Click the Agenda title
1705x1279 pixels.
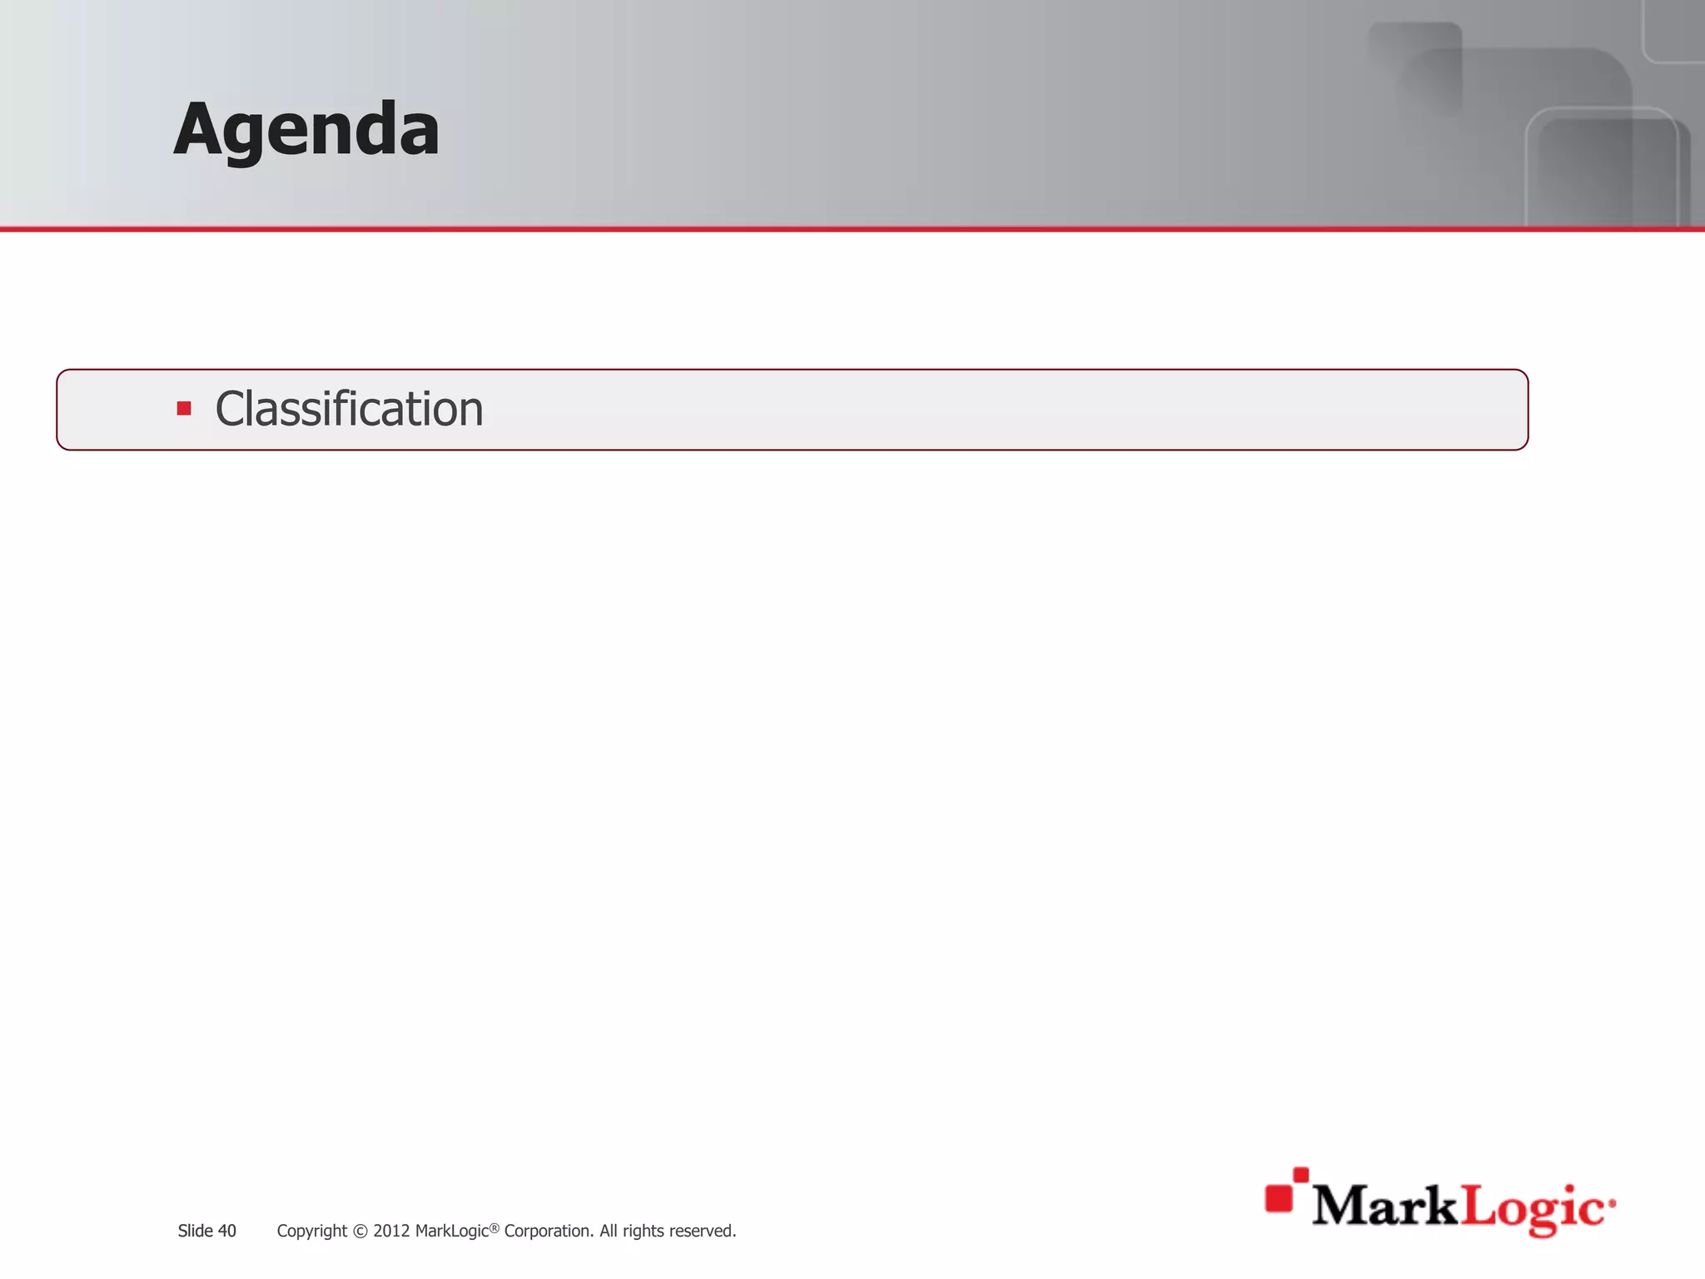coord(306,130)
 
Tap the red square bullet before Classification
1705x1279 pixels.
coord(184,409)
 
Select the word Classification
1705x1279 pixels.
coord(349,409)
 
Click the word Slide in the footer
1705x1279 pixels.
coord(195,1231)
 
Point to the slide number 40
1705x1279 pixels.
coord(227,1231)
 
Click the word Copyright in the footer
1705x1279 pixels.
coord(311,1231)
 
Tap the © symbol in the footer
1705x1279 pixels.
coord(360,1231)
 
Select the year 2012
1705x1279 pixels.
coord(391,1231)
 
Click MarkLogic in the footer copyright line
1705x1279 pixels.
coord(451,1231)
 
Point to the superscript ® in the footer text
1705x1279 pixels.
coord(494,1227)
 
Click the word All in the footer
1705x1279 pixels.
coord(608,1231)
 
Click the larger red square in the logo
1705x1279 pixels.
coord(1279,1197)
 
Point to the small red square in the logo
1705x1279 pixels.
coord(1300,1174)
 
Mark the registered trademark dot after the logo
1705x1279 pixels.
coord(1613,1203)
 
